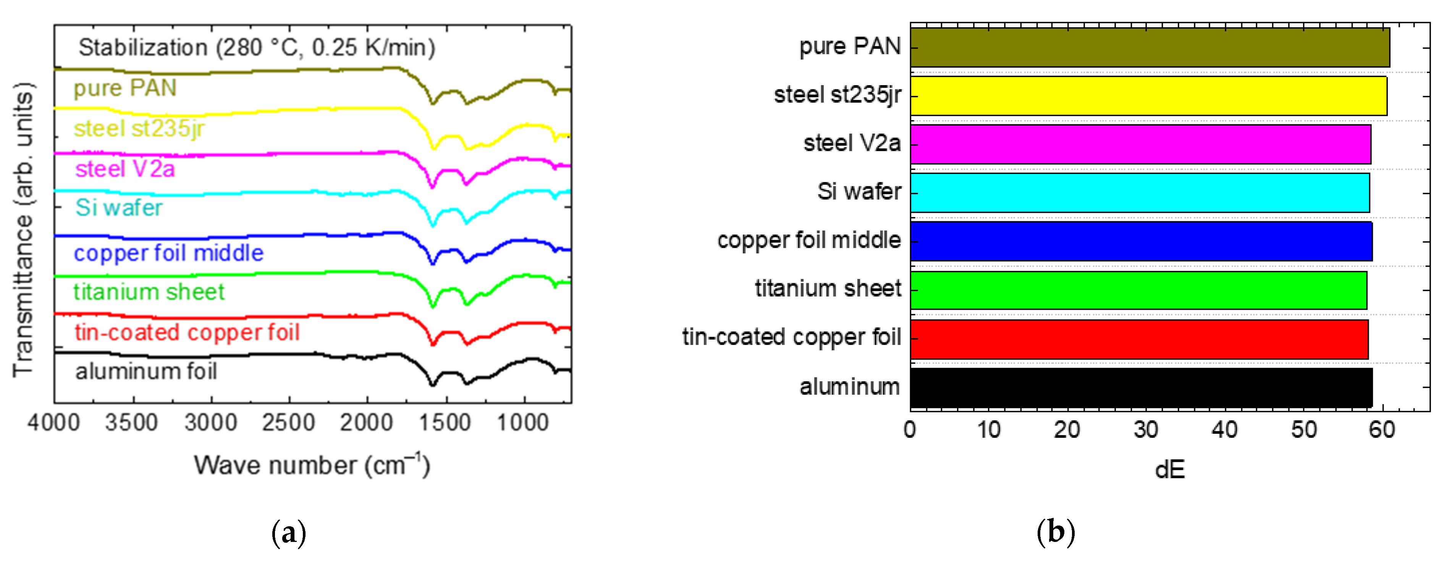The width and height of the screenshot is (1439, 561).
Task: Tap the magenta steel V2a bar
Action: tap(1140, 144)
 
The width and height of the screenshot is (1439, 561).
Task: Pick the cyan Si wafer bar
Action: tap(1140, 193)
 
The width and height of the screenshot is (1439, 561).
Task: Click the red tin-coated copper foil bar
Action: tap(1139, 339)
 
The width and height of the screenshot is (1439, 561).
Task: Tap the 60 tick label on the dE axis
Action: tap(1382, 430)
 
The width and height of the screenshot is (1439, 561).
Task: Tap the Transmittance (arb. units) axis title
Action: tap(23, 230)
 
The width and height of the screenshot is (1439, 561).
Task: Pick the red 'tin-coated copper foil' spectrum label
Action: tap(187, 333)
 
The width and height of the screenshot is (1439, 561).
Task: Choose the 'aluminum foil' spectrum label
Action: tap(146, 372)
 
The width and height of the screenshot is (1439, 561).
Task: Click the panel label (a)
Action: tap(289, 533)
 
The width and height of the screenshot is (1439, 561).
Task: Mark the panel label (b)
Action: tap(1055, 533)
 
